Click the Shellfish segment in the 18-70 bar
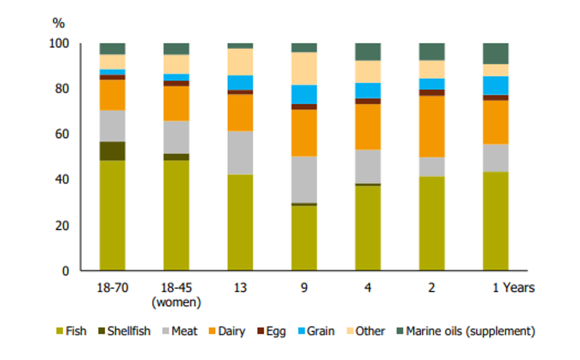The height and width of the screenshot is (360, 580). (112, 151)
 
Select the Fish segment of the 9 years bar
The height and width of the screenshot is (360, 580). (304, 238)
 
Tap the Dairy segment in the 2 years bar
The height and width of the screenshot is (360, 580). (432, 127)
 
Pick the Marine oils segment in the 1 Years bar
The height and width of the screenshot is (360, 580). (496, 54)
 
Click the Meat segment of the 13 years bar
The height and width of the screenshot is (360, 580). (240, 153)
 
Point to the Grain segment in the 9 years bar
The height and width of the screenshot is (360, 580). (304, 94)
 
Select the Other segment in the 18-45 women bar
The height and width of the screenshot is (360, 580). (176, 65)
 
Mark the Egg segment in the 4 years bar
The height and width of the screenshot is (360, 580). (368, 101)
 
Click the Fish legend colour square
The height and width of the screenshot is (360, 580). (60, 331)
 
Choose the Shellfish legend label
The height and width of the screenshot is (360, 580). (129, 331)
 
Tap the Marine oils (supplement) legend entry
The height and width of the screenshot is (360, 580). (466, 331)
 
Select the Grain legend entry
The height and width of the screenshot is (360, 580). (316, 331)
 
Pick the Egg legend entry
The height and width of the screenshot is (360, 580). (271, 331)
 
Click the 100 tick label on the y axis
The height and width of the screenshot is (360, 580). (59, 43)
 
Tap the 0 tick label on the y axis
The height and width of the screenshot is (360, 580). (65, 271)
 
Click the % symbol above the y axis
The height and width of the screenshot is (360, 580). (59, 23)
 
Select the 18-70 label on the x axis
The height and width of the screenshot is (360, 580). (112, 288)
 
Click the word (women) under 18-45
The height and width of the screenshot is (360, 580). (176, 302)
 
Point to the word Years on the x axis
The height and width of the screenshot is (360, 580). (518, 288)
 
